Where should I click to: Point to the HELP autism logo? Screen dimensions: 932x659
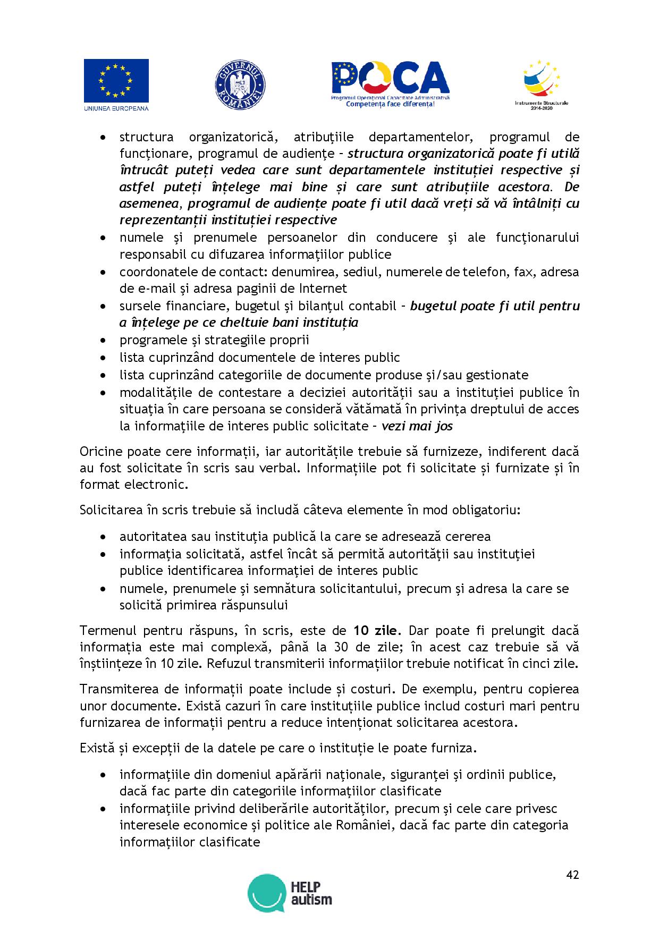pos(290,893)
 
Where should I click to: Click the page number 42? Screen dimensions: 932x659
pos(572,875)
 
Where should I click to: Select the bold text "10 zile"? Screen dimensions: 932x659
pos(375,631)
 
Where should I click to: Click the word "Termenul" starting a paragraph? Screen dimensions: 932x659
pos(108,631)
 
